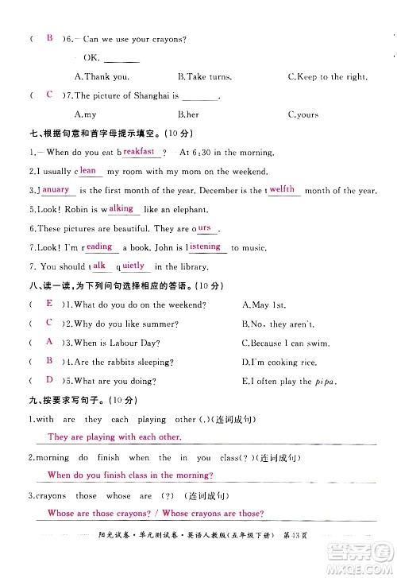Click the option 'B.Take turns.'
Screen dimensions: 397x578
tap(205, 77)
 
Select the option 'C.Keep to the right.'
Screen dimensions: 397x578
tap(327, 77)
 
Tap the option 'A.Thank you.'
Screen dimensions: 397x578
tap(101, 77)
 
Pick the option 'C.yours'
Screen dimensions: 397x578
tap(303, 114)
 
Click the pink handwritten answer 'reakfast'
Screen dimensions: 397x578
tap(139, 151)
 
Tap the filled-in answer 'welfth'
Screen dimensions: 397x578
tap(282, 189)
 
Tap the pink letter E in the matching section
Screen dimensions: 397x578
tap(49, 304)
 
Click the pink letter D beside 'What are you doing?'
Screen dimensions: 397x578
tap(49, 380)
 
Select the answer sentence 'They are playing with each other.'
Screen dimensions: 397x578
tap(114, 437)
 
